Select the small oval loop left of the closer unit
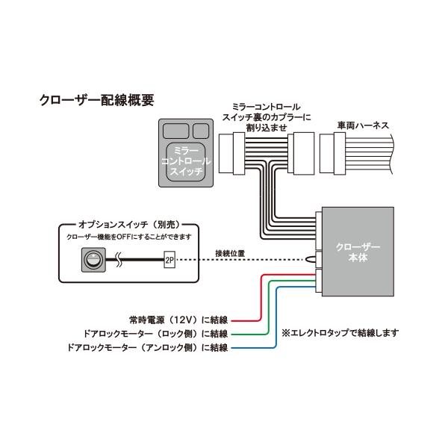pos(311,260)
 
